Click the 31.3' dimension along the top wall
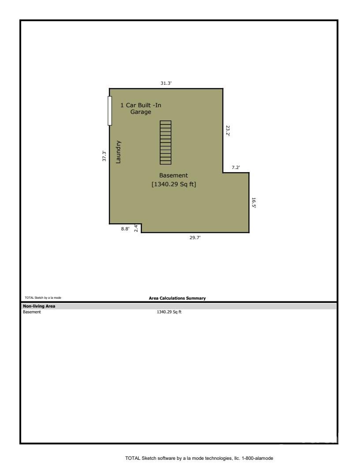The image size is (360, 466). (166, 83)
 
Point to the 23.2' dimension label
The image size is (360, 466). (228, 131)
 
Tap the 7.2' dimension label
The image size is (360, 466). (236, 167)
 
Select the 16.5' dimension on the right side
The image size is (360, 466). (254, 203)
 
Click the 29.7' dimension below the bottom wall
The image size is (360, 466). (195, 237)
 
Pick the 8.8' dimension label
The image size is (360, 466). (125, 229)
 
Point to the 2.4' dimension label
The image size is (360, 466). (136, 228)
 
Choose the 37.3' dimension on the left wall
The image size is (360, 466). (104, 156)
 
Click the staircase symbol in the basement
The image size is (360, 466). (165, 143)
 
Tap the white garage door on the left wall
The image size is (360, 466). (109, 111)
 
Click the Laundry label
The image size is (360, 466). (118, 152)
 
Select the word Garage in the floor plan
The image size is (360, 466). (141, 112)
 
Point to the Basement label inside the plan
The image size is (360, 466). (173, 175)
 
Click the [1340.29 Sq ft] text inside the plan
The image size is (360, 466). (174, 184)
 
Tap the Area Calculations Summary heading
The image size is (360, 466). (177, 298)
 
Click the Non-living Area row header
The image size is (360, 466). (39, 306)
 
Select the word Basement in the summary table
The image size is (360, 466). (32, 312)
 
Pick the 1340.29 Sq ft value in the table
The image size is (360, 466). (169, 312)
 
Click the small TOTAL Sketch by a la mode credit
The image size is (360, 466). (43, 297)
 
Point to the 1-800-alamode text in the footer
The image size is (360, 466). (257, 458)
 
